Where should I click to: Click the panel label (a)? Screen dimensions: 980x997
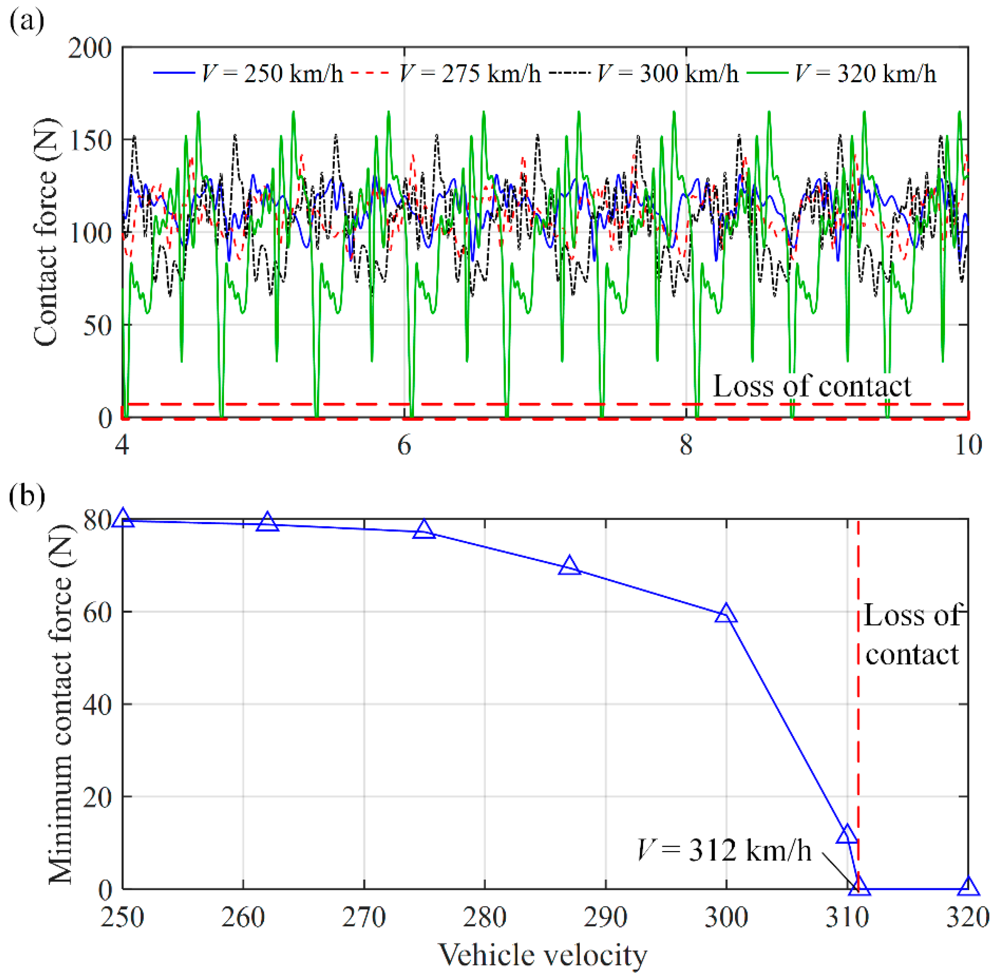click(27, 22)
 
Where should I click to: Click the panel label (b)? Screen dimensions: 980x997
click(27, 496)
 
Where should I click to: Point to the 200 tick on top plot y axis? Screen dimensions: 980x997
click(90, 49)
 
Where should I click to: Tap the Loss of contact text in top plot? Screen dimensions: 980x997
click(811, 386)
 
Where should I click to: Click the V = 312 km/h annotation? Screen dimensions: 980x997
click(724, 850)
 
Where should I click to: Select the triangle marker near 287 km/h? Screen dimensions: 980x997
click(569, 566)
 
